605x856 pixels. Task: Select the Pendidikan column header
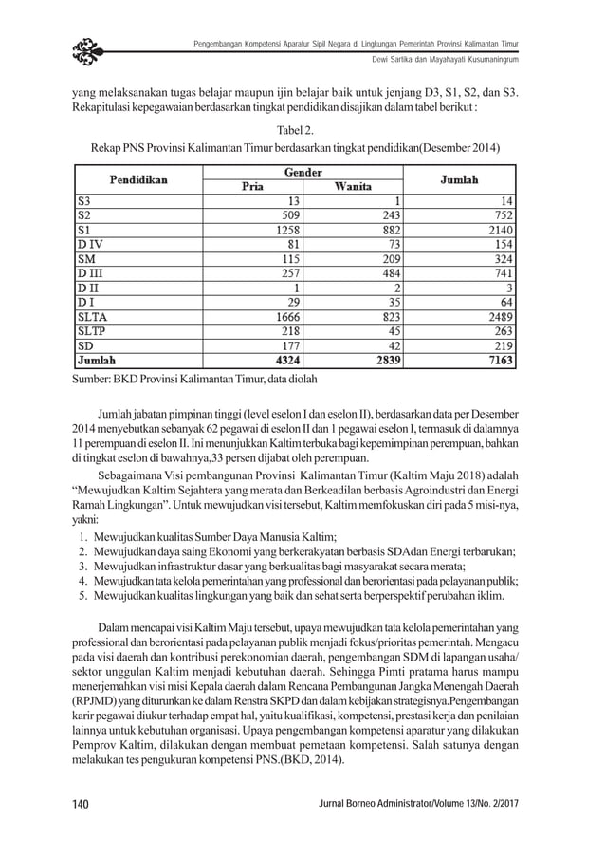137,177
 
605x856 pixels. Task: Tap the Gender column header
302,171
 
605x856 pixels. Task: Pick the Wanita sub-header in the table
353,186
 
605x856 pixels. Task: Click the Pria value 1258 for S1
284,230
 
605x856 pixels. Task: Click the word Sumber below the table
95,378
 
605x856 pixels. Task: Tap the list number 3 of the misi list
83,564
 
